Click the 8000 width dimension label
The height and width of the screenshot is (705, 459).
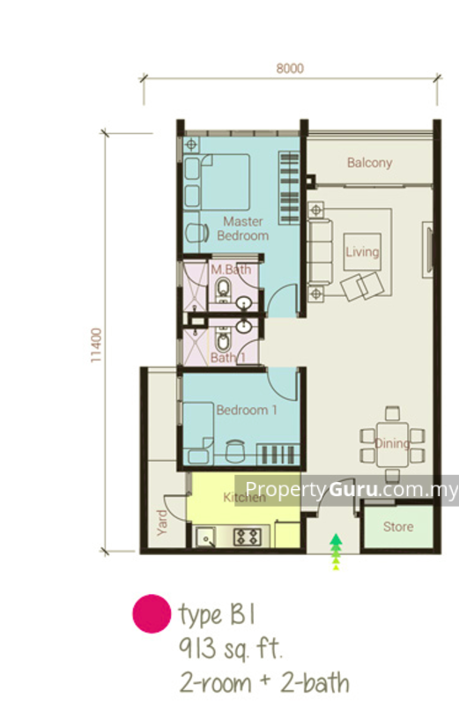point(290,69)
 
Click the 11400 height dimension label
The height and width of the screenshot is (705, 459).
point(97,345)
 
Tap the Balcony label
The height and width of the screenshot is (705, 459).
point(369,162)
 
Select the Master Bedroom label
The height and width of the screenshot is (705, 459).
point(243,228)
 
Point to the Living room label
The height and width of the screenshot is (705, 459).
point(362,252)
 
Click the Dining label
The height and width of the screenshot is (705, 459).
point(391,444)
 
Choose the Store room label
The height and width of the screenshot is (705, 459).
point(398,526)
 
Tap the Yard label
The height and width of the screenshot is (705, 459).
point(162,523)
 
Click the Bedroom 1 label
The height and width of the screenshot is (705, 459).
point(247,410)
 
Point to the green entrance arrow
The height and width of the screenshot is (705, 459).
point(336,552)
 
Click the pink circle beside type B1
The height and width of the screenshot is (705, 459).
point(152,613)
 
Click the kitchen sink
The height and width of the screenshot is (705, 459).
point(206,537)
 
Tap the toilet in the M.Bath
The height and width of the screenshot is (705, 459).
point(223,289)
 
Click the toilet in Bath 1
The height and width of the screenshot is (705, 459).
point(223,340)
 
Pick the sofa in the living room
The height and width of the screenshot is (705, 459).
point(321,252)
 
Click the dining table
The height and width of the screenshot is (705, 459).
point(392,444)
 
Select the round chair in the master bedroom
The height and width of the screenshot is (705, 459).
point(197,233)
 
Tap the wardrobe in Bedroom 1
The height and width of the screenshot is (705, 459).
point(278,454)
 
